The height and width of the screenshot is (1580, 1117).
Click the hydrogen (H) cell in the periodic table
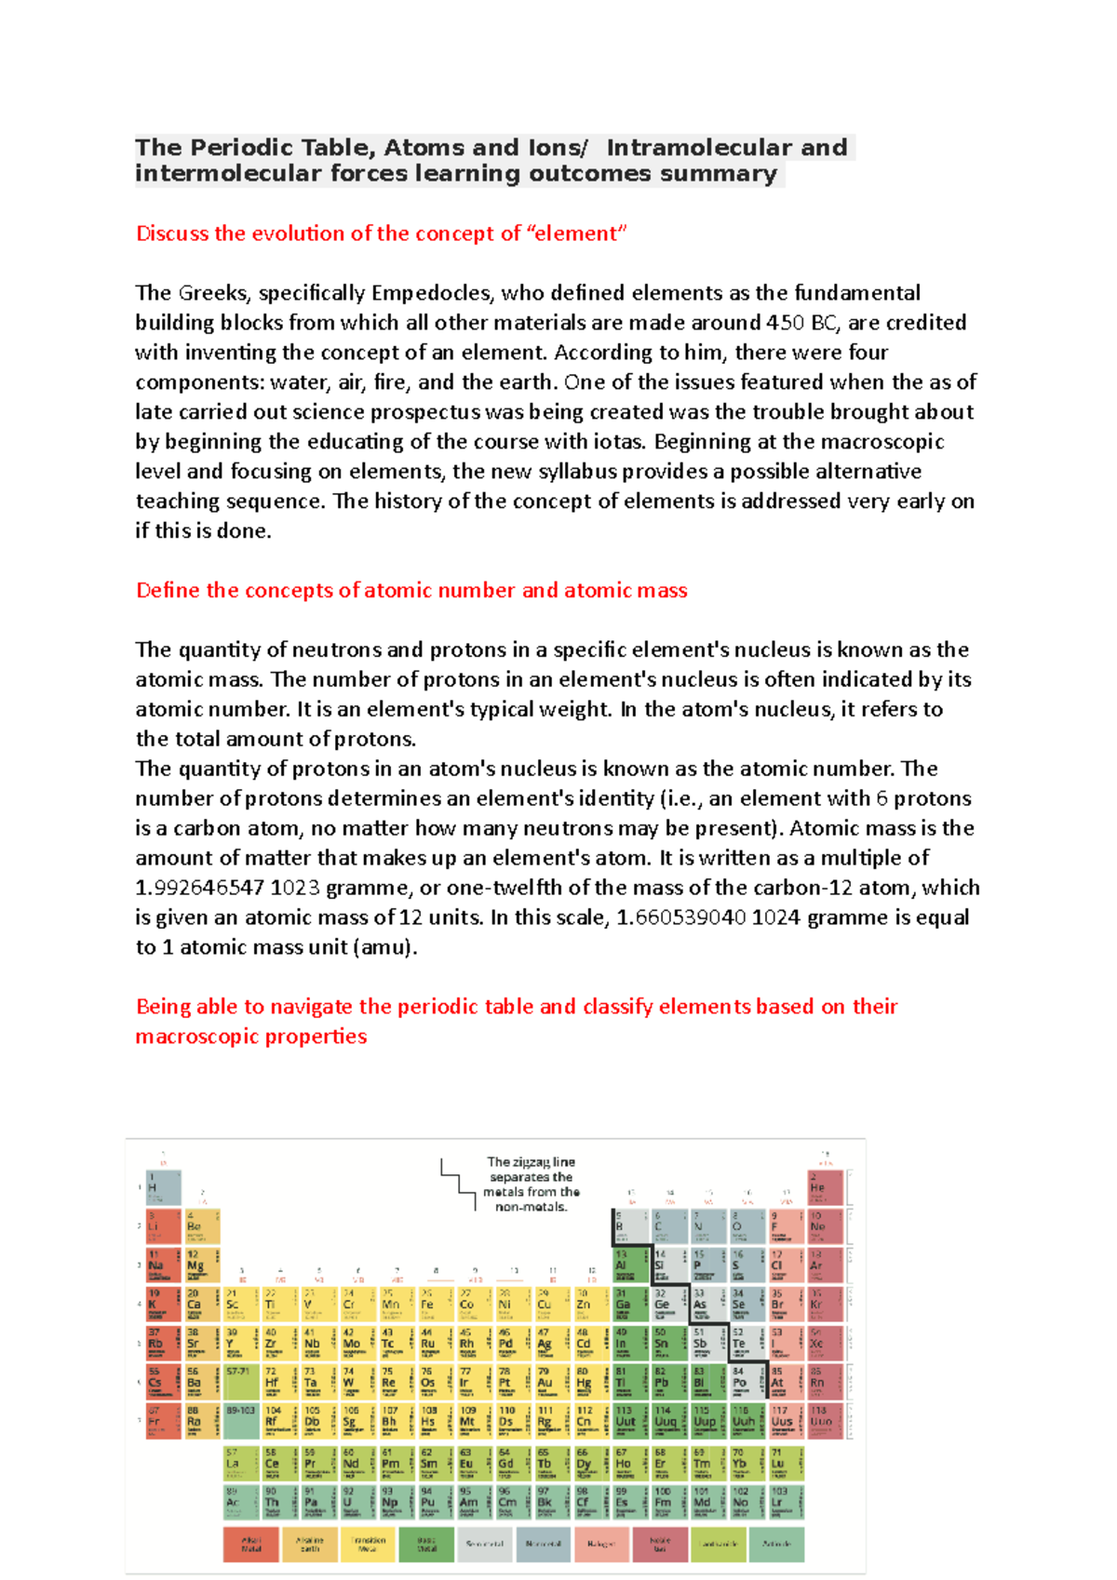pos(163,1188)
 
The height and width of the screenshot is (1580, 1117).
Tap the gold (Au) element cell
pos(551,1382)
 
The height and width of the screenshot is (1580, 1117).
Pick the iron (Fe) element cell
pos(435,1305)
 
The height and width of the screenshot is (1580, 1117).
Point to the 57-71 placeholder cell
pos(241,1382)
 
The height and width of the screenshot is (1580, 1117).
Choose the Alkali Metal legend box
pos(251,1544)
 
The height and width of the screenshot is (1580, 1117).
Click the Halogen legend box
pos(600,1544)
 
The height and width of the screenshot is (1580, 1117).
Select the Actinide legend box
pos(776,1544)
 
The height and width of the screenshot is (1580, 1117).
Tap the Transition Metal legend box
pos(368,1544)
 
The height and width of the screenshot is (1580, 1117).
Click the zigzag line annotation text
pos(531,1185)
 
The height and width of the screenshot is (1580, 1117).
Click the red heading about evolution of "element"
pos(382,234)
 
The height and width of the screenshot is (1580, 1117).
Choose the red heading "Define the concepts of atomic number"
pos(411,590)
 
